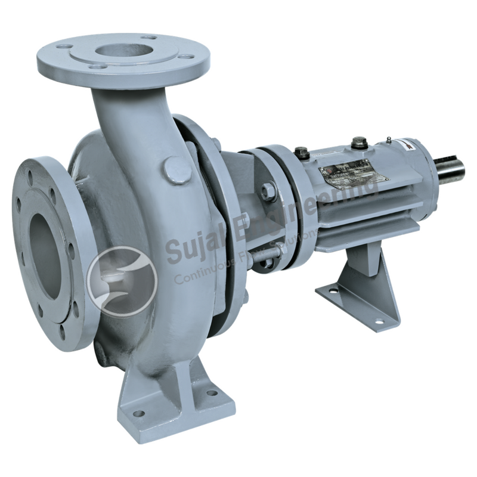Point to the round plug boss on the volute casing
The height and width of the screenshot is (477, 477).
(x=177, y=170)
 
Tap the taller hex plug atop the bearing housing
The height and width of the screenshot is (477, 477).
(x=359, y=143)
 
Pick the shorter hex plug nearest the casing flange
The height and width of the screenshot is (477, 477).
(x=301, y=153)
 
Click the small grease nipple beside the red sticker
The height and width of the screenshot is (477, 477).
(x=388, y=140)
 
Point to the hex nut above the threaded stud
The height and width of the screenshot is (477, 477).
(x=268, y=191)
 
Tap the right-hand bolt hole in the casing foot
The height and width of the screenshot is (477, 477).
(x=212, y=393)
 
